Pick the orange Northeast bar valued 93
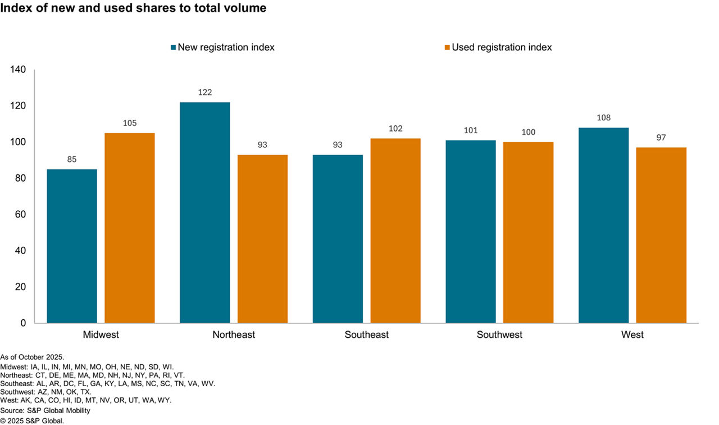(x=262, y=239)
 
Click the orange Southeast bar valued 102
(x=395, y=230)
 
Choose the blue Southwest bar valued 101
(x=471, y=232)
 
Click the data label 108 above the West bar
(x=603, y=118)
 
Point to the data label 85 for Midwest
(x=72, y=160)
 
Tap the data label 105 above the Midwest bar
(x=129, y=123)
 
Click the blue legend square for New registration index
(x=174, y=48)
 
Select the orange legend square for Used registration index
(x=447, y=48)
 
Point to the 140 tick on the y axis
(x=19, y=70)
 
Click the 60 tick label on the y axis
(x=21, y=215)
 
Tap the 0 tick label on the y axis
(x=23, y=323)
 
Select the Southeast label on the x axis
(x=366, y=335)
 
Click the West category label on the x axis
(x=632, y=335)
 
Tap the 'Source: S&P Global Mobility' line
(x=45, y=411)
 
